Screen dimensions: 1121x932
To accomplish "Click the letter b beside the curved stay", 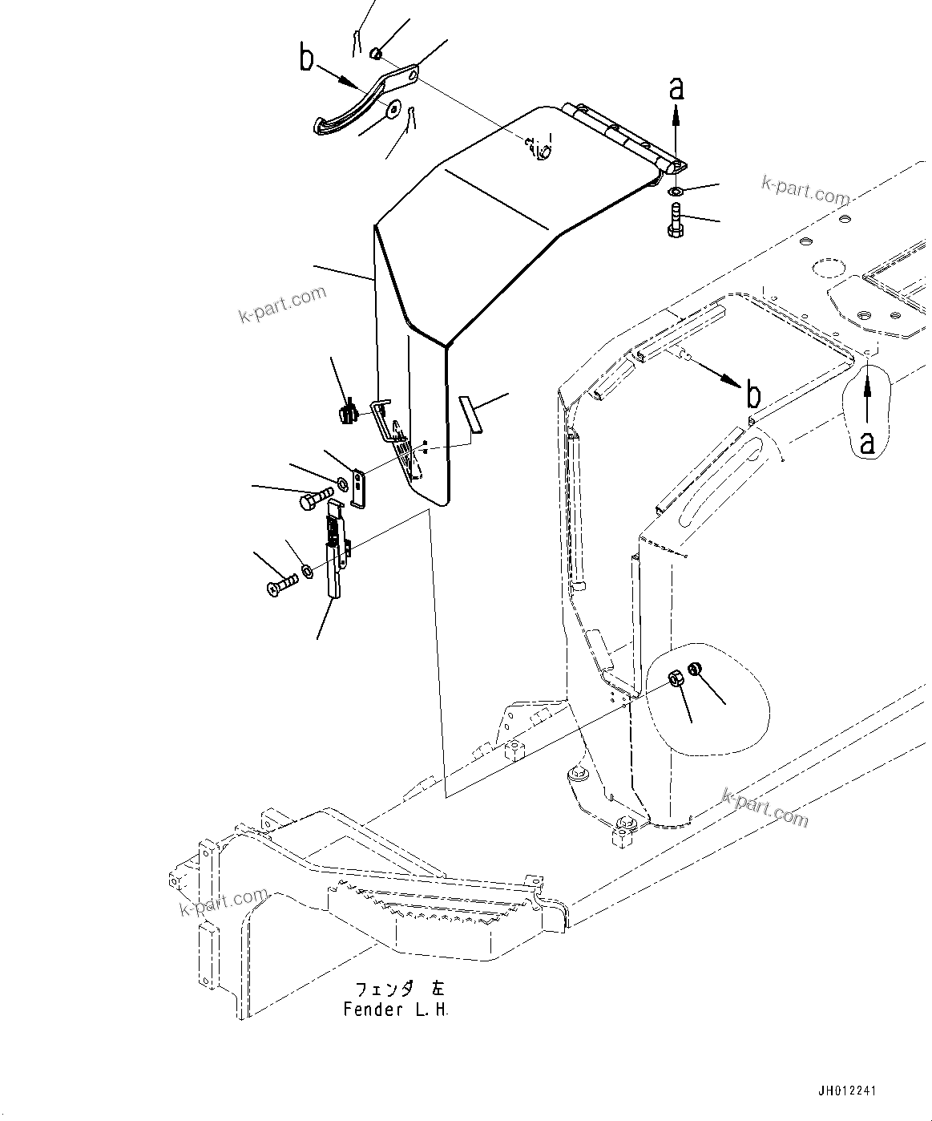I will point(307,59).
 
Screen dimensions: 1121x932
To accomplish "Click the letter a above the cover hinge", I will point(677,89).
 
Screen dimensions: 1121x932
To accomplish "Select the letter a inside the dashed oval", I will point(866,442).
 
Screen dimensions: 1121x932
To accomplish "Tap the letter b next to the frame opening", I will point(753,395).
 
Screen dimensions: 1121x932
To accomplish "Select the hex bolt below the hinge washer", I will point(674,220).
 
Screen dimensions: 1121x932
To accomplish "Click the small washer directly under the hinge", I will point(676,191).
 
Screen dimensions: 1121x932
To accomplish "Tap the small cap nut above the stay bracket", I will point(376,54).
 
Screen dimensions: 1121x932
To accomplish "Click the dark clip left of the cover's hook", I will point(346,415).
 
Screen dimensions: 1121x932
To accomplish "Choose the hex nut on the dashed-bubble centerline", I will point(675,678).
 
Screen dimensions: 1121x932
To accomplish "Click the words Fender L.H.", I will point(395,1010).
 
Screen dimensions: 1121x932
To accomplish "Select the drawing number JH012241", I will point(847,1091).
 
